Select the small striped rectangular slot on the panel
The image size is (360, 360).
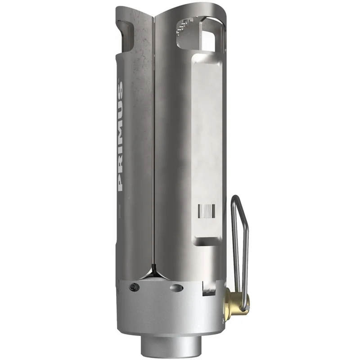point(207,211)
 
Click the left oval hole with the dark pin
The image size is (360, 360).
point(134,287)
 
